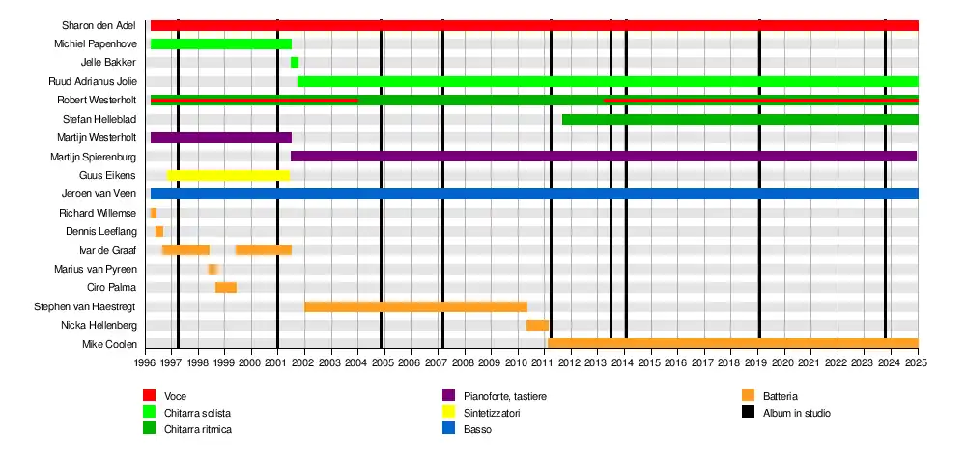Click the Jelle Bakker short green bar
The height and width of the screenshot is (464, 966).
coord(295,63)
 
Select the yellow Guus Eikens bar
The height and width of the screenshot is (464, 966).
coord(228,175)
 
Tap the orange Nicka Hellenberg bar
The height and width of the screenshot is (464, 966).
coord(537,326)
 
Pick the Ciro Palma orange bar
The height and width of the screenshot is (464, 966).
coord(226,288)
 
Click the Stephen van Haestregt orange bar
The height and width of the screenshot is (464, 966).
coord(415,306)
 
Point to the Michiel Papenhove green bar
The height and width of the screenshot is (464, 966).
coord(221,43)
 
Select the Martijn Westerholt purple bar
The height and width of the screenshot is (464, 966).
coord(221,137)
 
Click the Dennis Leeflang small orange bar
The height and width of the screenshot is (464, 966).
coord(159,232)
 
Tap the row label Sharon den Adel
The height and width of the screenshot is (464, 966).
coord(99,25)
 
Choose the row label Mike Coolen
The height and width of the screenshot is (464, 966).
coord(109,344)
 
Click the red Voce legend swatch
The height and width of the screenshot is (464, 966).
coord(150,395)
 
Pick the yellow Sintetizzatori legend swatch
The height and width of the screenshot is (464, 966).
coord(449,413)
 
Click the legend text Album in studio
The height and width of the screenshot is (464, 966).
coord(796,413)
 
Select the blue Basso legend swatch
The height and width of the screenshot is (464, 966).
coord(449,429)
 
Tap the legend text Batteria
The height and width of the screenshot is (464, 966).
coord(780,396)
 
